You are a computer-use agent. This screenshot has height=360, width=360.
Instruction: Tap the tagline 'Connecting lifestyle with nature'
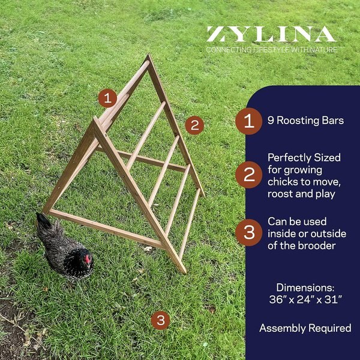(271, 49)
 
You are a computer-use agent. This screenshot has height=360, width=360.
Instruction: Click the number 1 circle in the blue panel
(248, 121)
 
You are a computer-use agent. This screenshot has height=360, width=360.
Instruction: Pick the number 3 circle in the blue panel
(248, 232)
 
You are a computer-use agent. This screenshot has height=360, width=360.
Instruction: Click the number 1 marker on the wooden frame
(107, 98)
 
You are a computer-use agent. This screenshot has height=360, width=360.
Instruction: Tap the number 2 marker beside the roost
(194, 125)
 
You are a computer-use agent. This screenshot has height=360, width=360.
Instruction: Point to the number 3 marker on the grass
(160, 320)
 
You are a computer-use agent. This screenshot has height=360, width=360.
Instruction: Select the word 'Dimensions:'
(305, 287)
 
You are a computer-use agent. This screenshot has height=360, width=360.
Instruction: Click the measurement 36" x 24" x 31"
(305, 299)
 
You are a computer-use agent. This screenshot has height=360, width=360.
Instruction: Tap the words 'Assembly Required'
(305, 328)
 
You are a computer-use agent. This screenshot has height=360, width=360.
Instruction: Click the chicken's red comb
(88, 259)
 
